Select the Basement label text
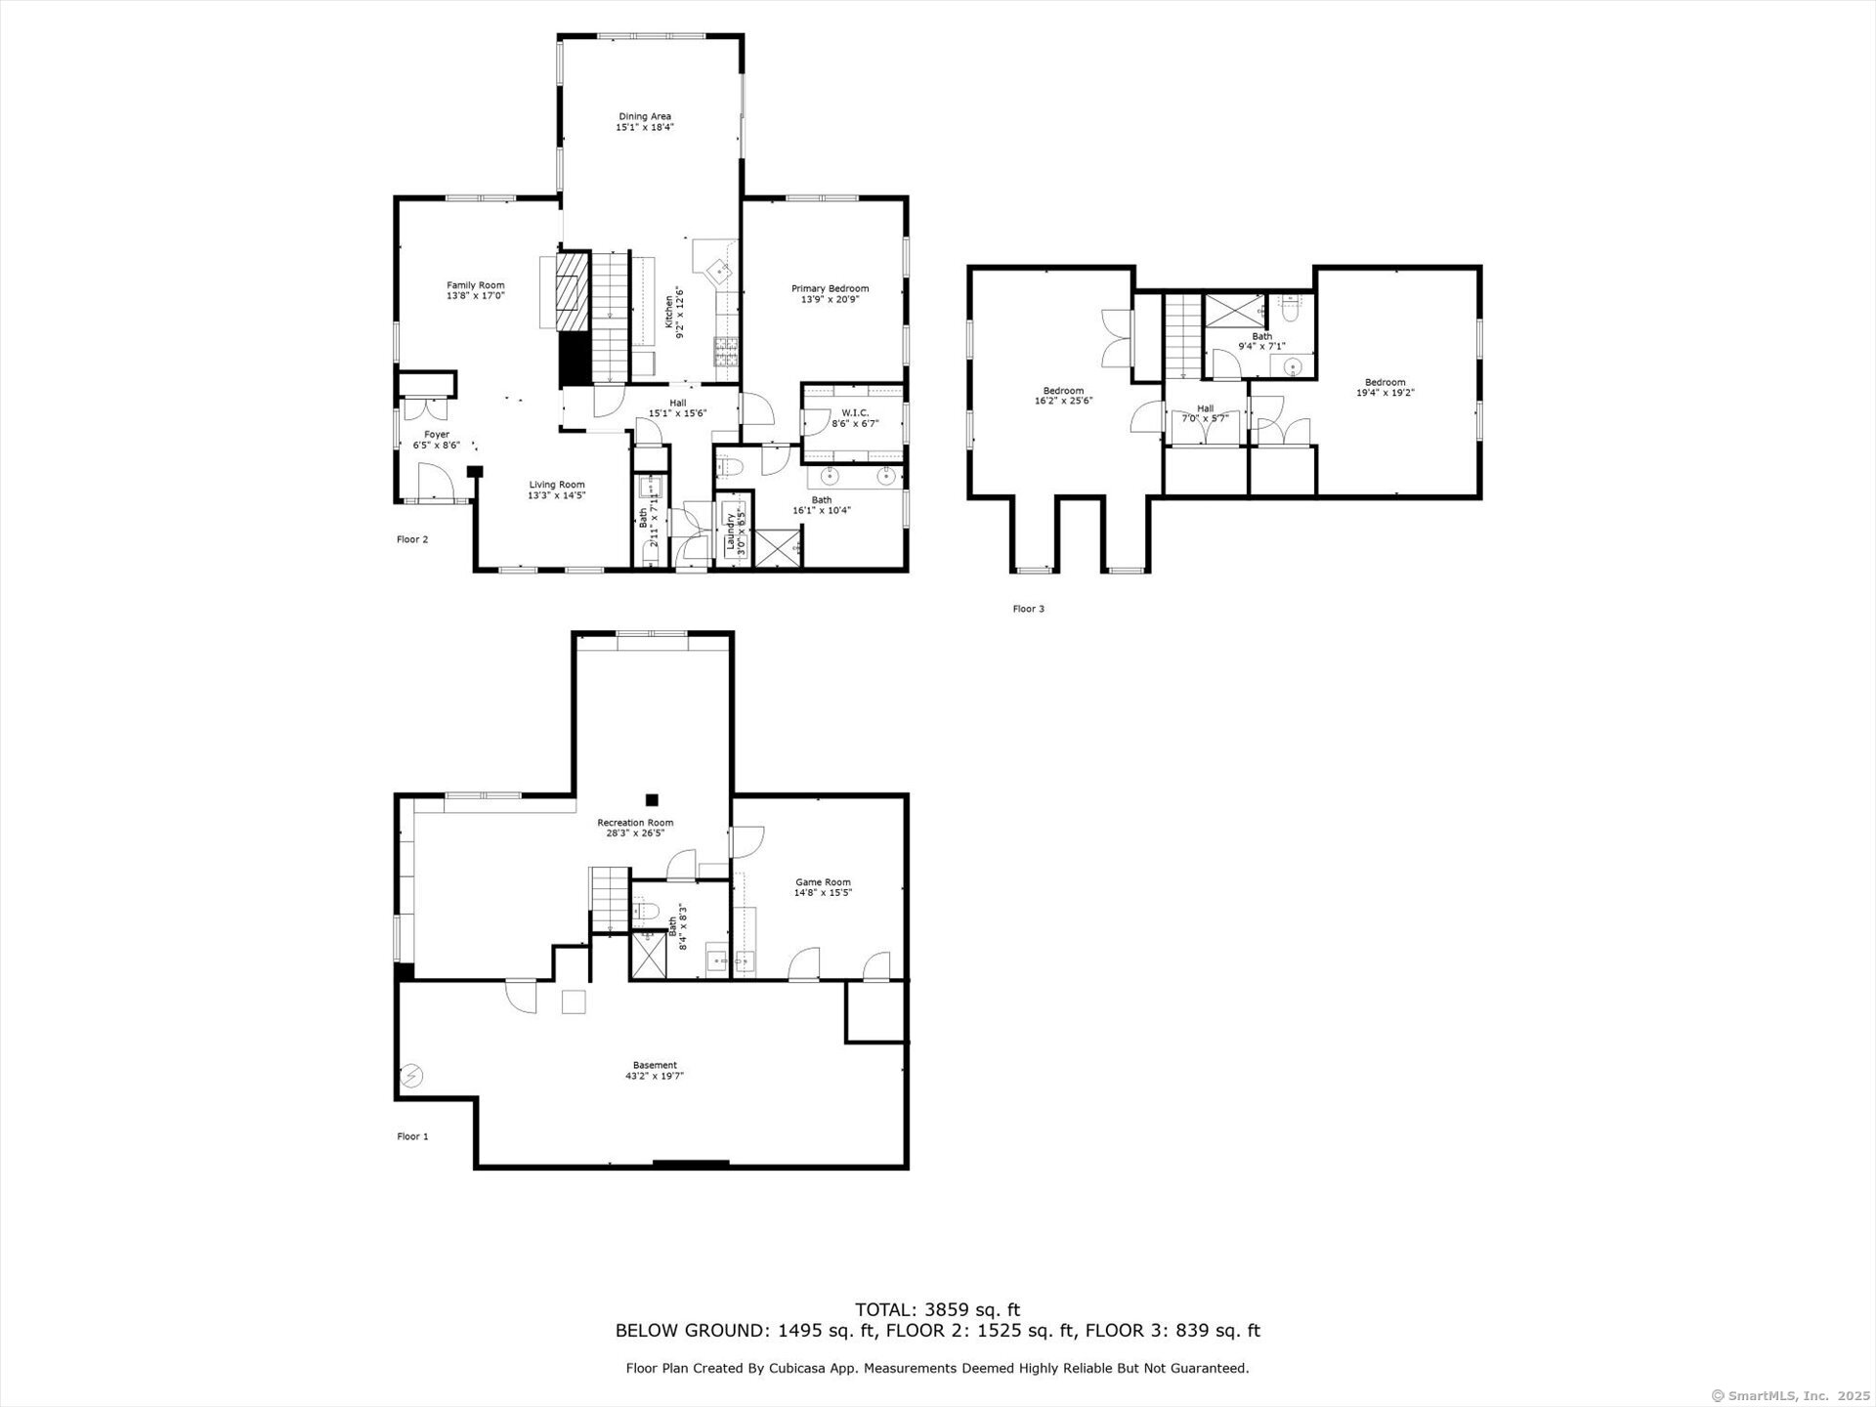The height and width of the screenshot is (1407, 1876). tap(655, 1065)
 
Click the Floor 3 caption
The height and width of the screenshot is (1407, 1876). tap(1028, 609)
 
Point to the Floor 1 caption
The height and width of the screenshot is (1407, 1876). tap(412, 1136)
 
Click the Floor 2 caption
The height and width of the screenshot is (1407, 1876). tap(412, 539)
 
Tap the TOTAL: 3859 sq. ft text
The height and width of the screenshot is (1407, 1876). tap(937, 1310)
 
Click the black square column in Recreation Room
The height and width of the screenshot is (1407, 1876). tap(652, 799)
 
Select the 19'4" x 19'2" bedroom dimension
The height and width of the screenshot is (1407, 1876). tap(1386, 393)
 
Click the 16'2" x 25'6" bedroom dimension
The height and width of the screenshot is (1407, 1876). tap(1063, 401)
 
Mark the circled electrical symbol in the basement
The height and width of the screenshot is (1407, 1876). tap(411, 1076)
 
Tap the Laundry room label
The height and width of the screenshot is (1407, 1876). tap(730, 532)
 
